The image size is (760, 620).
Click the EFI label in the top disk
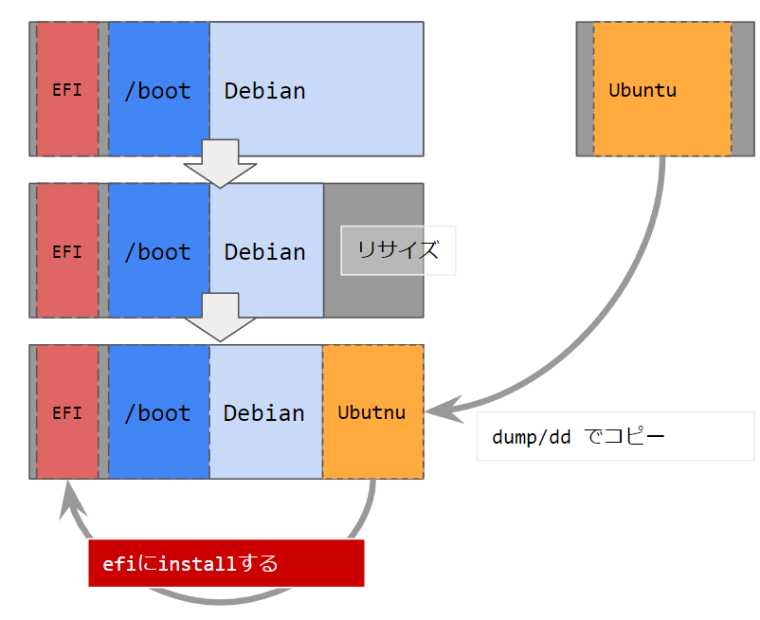coord(66,91)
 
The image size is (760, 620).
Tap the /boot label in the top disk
coord(157,91)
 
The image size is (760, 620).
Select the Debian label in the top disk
coord(264,91)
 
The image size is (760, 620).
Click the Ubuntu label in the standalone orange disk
coord(642,91)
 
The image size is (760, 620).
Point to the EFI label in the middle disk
coord(66,252)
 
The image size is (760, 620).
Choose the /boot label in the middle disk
coord(157,252)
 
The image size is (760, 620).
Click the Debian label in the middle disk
coord(264,252)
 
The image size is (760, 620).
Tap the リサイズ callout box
coord(398,250)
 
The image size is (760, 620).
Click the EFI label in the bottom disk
coord(66,413)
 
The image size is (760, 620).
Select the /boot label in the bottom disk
coord(157,413)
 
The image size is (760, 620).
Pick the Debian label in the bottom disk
coord(264,413)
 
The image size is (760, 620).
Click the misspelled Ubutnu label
coord(371,413)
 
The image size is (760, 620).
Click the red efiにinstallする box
coord(226,563)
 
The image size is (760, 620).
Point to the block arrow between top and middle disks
coord(220,163)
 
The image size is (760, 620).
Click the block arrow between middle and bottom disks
coord(220,319)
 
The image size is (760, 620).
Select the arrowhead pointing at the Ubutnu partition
coord(439,410)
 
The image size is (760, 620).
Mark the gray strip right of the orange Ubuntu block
coord(743,88)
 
